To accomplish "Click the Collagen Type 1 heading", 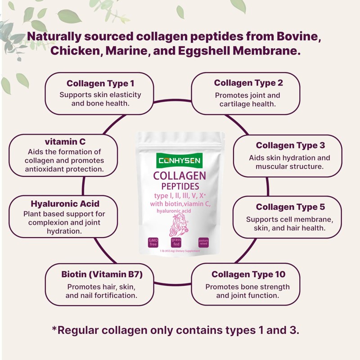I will (x=100, y=83).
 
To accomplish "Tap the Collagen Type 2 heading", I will (x=248, y=83).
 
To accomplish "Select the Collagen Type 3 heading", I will (x=290, y=145).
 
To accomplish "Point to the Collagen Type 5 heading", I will (x=290, y=207).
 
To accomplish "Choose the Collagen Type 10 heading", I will (x=248, y=274).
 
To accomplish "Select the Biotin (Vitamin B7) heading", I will (x=102, y=274).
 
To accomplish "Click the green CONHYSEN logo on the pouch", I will (x=180, y=160).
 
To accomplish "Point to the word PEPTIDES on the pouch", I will (x=180, y=186).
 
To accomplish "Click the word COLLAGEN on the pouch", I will (x=180, y=175).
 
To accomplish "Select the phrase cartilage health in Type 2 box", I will (x=247, y=104).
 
